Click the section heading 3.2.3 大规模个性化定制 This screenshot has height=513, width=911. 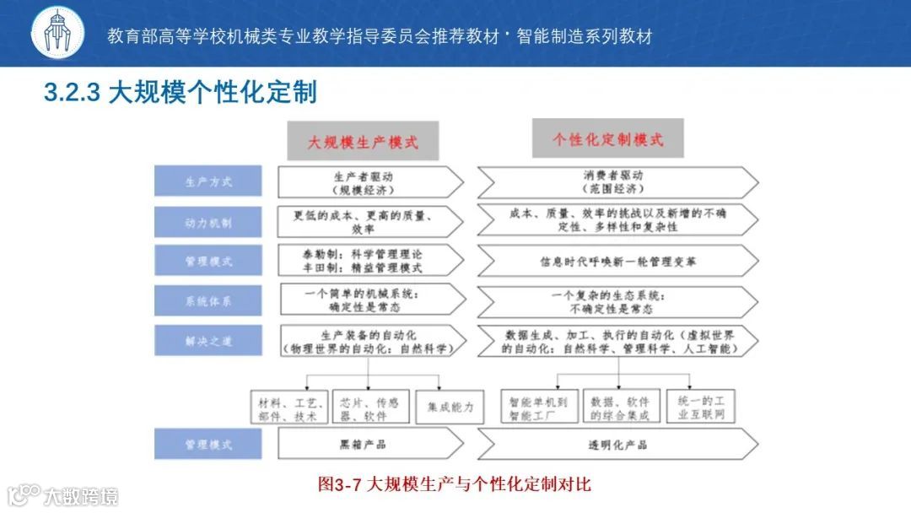click(180, 92)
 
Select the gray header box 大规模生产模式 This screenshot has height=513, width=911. click(363, 141)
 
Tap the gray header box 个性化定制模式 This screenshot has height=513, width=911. click(607, 138)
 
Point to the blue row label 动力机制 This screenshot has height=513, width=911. click(208, 222)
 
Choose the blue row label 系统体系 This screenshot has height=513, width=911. click(208, 301)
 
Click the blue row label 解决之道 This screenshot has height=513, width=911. click(208, 341)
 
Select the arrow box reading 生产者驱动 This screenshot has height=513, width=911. click(369, 182)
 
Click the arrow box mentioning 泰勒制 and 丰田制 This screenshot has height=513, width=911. click(369, 262)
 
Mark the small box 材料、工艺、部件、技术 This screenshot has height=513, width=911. click(288, 407)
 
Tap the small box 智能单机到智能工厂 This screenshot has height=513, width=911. click(539, 407)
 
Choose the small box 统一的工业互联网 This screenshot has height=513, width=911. click(700, 407)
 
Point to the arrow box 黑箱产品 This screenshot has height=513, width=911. click(369, 444)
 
